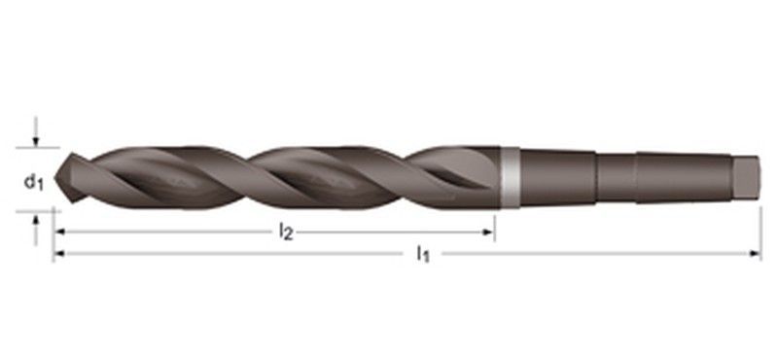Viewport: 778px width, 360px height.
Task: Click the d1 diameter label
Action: tap(32, 181)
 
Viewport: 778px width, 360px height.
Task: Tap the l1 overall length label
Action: tap(423, 254)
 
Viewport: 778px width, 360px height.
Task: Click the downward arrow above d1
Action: tap(36, 138)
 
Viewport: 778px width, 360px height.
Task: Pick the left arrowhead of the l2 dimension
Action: tap(58, 233)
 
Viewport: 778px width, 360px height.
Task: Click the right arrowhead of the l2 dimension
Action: tap(490, 233)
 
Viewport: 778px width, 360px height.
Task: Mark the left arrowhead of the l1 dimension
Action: tap(58, 254)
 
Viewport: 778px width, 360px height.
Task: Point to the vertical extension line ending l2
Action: tap(495, 227)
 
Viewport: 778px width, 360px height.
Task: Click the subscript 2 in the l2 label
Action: tap(290, 234)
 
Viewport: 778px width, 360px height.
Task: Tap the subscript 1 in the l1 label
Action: tap(427, 257)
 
